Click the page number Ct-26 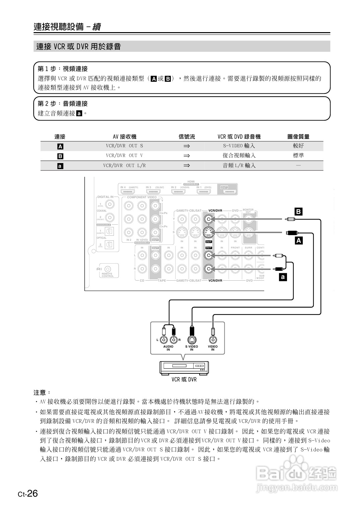[28, 494]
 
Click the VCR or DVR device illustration [184, 368]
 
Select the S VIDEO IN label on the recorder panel [192, 348]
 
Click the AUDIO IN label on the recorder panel [168, 348]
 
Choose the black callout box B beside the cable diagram [298, 212]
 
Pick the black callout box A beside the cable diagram [298, 240]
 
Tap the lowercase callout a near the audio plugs [283, 277]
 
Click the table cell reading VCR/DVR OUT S [124, 146]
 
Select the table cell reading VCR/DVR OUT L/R [124, 165]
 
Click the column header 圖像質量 [298, 137]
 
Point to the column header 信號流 [187, 137]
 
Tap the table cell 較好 [298, 146]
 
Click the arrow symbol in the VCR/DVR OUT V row [187, 156]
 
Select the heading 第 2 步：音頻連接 [63, 104]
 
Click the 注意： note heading [42, 392]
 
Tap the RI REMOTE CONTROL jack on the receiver [107, 269]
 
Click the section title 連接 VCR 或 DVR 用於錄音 [78, 47]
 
